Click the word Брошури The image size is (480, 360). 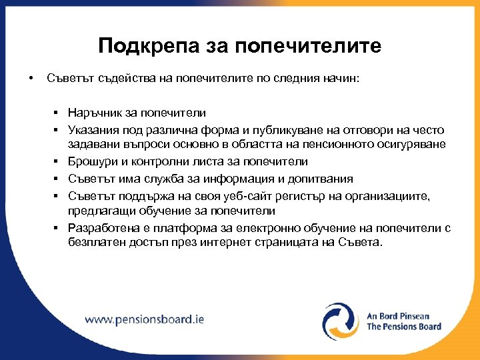[89, 162]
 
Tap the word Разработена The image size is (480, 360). [100, 228]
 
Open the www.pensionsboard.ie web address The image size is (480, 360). [144, 319]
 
